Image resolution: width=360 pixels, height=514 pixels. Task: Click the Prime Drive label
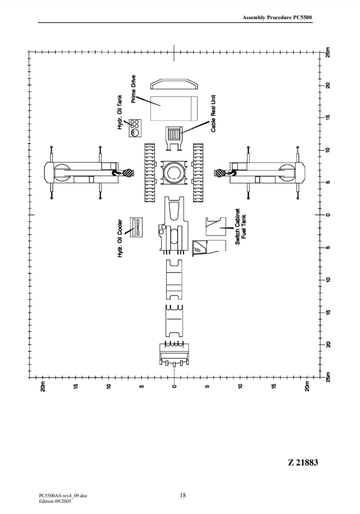[133, 89]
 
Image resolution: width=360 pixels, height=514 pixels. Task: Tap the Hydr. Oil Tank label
[120, 112]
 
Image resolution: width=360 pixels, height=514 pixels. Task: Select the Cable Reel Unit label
[213, 113]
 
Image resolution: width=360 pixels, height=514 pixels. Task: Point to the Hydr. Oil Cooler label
[120, 238]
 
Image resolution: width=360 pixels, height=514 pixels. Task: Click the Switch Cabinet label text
[238, 226]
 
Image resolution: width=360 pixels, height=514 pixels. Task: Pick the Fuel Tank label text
[244, 226]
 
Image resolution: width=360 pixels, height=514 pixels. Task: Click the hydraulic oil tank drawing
[135, 128]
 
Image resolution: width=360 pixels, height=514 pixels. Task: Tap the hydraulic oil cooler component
[136, 227]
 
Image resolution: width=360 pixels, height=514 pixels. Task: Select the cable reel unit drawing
[173, 138]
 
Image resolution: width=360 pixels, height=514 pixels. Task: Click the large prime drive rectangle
[174, 109]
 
